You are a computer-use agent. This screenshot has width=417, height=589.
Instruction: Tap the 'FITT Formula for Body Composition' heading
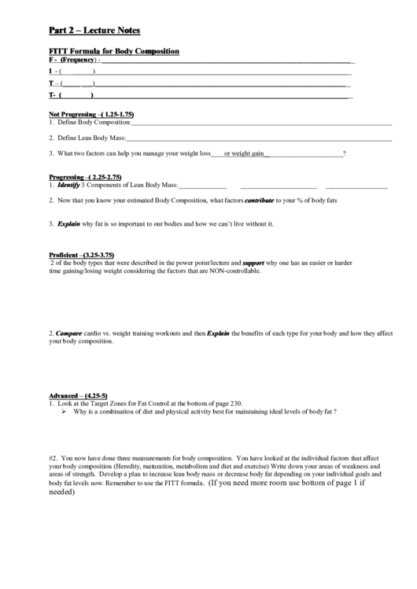tap(114, 51)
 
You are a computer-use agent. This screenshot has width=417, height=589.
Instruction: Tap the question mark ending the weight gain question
tap(345, 153)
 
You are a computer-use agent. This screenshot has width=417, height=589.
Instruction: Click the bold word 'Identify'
tap(69, 186)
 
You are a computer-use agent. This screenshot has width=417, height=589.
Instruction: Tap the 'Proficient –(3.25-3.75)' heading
tap(82, 255)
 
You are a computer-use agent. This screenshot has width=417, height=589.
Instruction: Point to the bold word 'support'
tap(253, 263)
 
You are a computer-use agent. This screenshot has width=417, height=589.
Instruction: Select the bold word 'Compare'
tap(69, 333)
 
